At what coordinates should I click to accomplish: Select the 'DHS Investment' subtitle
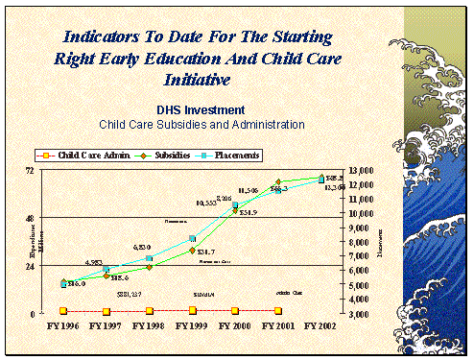(x=202, y=110)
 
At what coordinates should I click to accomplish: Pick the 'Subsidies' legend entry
(x=169, y=155)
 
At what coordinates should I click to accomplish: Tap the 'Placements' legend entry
(x=230, y=155)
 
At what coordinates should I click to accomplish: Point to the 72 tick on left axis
(x=30, y=171)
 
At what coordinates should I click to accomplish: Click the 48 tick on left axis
(x=30, y=218)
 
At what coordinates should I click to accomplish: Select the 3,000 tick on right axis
(x=365, y=314)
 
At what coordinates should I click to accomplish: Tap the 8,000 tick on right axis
(x=365, y=242)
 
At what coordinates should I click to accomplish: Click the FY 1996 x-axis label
(x=64, y=326)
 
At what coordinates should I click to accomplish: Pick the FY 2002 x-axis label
(x=321, y=326)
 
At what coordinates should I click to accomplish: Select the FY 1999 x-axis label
(x=193, y=326)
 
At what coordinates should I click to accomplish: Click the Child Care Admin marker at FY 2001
(x=278, y=310)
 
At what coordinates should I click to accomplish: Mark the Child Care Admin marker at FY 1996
(x=64, y=311)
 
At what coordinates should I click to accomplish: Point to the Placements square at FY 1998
(x=150, y=259)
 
